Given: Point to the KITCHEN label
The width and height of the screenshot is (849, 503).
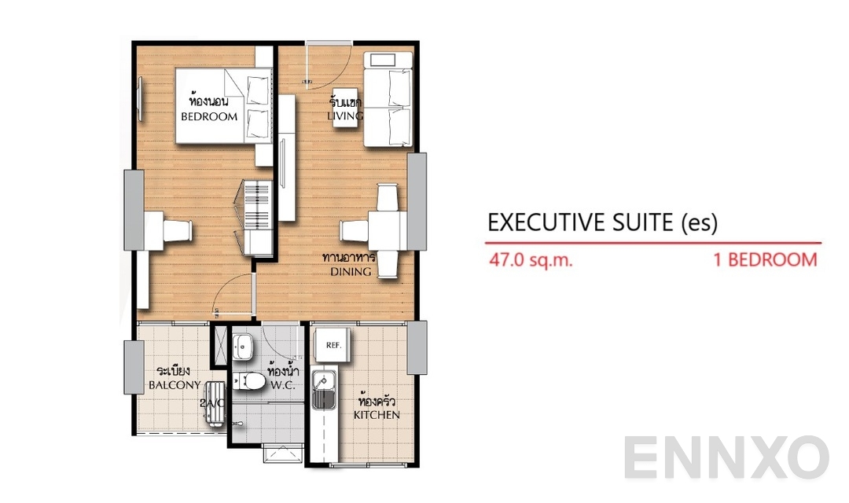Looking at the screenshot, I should [x=377, y=414].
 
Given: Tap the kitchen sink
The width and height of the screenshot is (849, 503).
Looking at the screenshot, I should [x=323, y=391].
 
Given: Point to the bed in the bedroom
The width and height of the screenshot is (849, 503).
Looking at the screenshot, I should [x=222, y=105].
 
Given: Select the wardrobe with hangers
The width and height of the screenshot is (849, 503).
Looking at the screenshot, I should [x=257, y=217].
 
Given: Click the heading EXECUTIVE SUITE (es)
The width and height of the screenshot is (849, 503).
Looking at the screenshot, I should [x=602, y=222].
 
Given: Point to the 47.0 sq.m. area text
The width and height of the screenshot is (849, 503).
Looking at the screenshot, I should [x=531, y=260].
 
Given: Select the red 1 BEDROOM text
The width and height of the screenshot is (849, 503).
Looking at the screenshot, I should [x=765, y=260].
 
